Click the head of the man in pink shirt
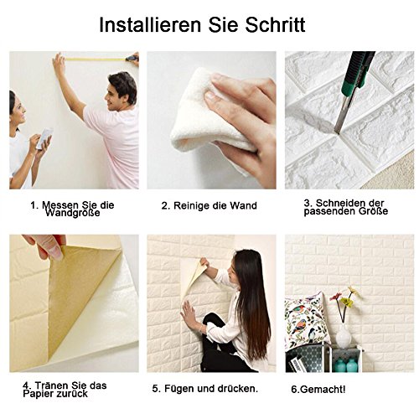pos(122,87)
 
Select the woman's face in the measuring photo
pos(18,106)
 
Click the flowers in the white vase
pos(344,297)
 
